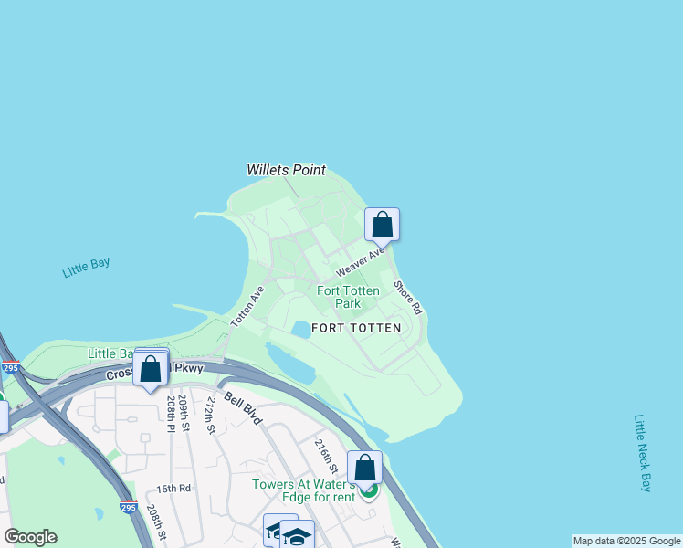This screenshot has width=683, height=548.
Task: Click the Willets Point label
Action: (286, 170)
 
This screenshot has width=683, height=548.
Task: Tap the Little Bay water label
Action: (86, 268)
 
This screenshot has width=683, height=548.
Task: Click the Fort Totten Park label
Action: (348, 297)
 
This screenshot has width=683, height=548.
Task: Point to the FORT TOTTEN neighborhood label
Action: (356, 327)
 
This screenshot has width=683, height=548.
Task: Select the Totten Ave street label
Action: (247, 306)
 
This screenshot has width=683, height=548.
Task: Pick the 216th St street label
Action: (326, 456)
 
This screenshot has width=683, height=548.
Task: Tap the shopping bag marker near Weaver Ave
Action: (382, 224)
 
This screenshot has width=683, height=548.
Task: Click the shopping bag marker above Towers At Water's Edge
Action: (364, 468)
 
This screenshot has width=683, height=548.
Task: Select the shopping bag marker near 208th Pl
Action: (151, 369)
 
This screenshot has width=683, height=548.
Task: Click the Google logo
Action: (30, 537)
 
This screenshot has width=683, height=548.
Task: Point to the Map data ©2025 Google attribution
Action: (626, 541)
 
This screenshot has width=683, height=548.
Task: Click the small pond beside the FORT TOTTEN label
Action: (300, 329)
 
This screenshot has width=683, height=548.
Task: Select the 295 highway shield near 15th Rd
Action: (128, 507)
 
